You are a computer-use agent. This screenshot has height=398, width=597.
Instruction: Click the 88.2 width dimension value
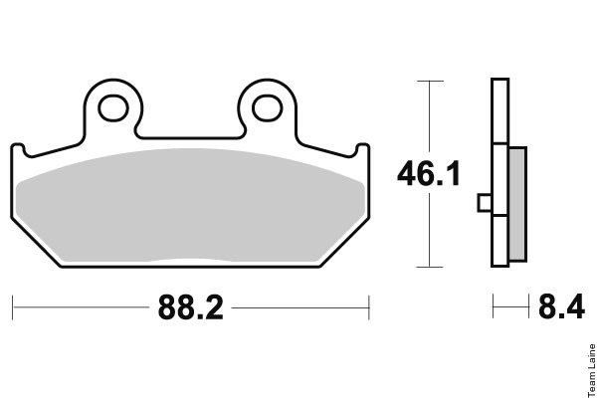point(190,307)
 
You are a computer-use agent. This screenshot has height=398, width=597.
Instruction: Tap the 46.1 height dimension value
point(428,174)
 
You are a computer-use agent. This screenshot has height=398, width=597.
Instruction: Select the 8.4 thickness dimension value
point(561,306)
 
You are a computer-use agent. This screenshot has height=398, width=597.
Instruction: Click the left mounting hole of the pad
point(113,108)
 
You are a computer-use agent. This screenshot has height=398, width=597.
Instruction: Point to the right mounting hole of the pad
point(268,108)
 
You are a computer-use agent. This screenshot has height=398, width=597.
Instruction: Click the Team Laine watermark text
point(592,370)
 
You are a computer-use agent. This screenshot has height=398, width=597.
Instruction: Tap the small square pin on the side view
point(485,203)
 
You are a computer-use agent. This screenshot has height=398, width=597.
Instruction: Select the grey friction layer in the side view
point(517,204)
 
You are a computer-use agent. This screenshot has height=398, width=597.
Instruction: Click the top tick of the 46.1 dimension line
point(430,82)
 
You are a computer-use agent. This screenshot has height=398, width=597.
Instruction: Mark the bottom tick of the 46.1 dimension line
point(430,267)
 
